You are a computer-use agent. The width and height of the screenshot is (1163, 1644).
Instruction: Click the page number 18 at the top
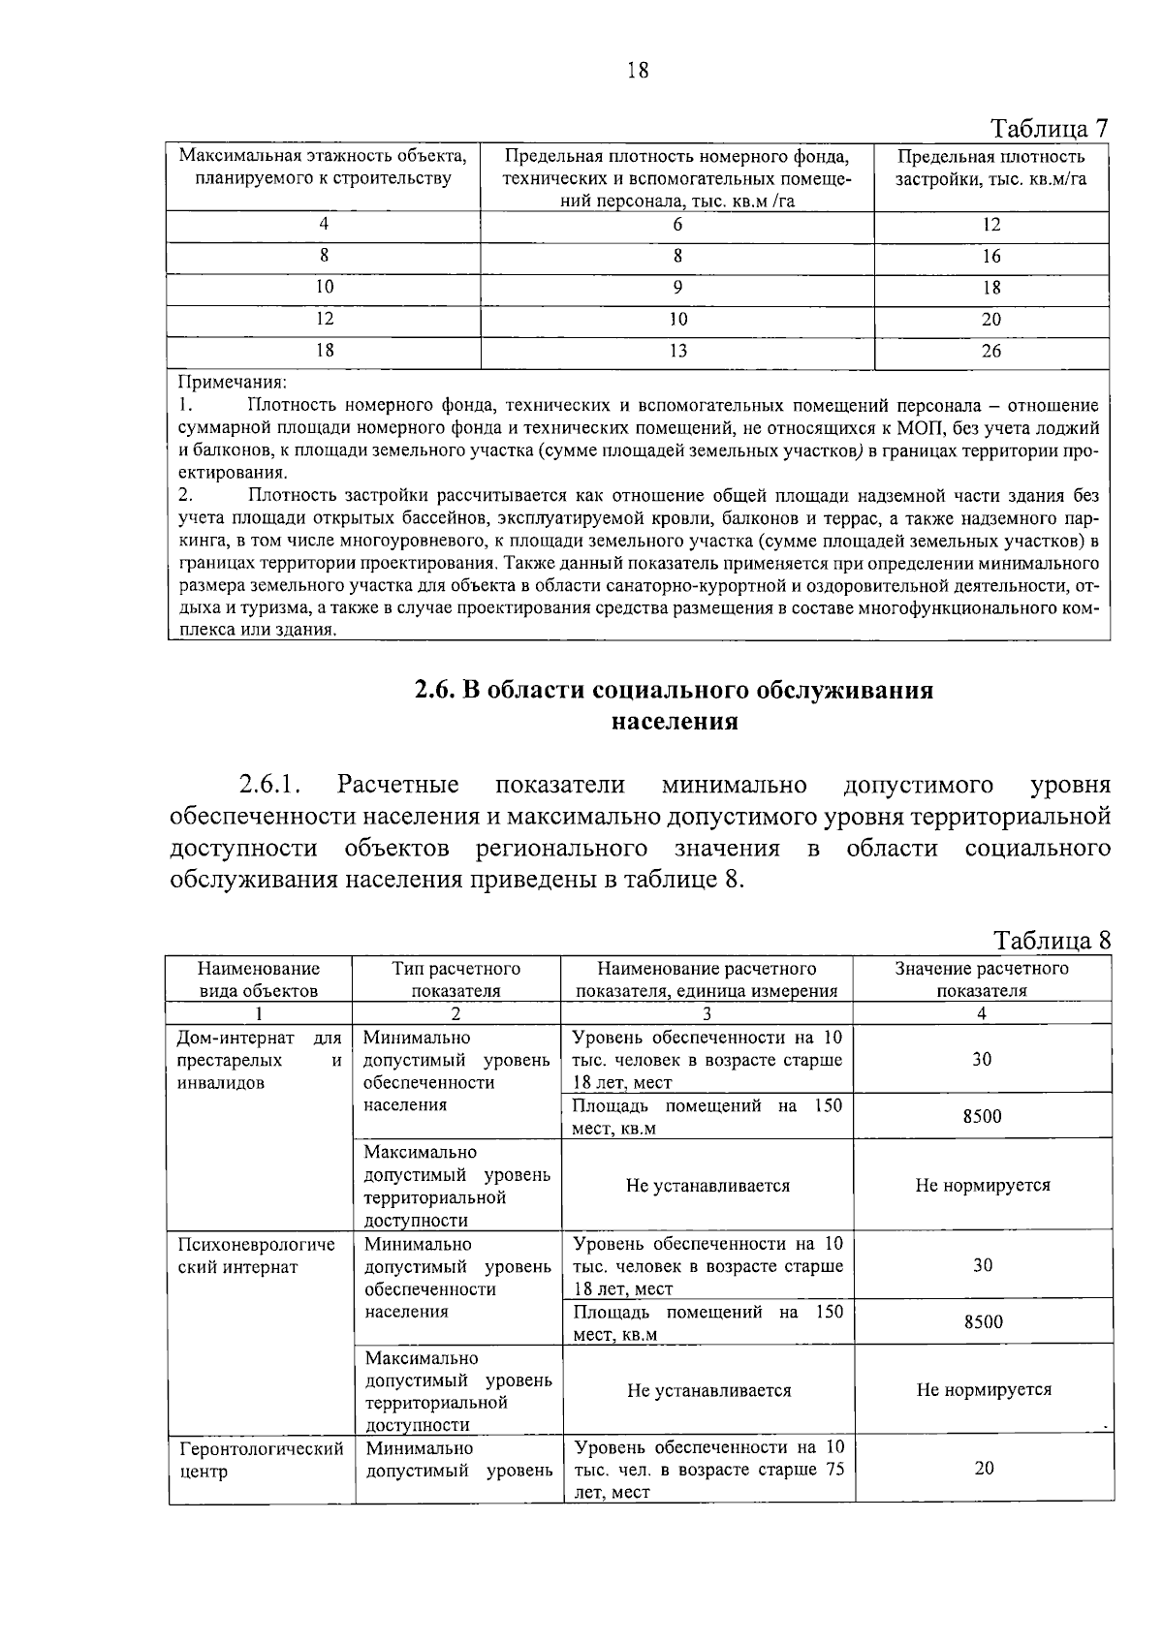(x=638, y=70)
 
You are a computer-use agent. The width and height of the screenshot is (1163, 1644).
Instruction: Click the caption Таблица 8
(x=1052, y=941)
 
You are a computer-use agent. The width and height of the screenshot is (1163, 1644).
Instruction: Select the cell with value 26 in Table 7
(x=990, y=352)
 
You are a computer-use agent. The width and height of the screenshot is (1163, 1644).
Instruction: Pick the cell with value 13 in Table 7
(x=677, y=352)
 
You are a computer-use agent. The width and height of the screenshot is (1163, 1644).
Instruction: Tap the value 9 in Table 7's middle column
(x=677, y=288)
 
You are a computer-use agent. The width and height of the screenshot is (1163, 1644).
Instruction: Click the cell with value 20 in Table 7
(x=990, y=320)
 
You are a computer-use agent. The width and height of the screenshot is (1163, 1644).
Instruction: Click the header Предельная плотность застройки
(x=990, y=168)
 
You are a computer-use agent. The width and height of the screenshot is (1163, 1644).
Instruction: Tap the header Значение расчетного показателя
(x=982, y=979)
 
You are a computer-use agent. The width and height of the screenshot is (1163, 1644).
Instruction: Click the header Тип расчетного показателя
(x=456, y=979)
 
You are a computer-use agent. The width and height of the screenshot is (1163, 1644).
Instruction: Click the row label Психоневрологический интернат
(x=257, y=1256)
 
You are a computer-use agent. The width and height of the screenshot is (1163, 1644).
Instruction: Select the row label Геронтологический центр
(x=261, y=1460)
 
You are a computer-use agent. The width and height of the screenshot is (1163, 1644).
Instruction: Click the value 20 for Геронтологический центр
(x=984, y=1469)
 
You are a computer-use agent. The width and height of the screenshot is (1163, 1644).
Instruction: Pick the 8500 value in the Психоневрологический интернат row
(x=983, y=1322)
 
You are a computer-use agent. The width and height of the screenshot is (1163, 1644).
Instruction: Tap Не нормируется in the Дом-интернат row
(x=983, y=1186)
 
